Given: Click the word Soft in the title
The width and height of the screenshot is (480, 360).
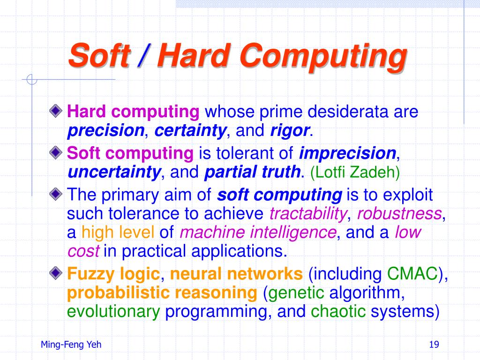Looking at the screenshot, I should [99, 56].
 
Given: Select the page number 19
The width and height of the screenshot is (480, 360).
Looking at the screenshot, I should [434, 345].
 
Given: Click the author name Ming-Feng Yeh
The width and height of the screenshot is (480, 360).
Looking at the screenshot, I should [71, 345].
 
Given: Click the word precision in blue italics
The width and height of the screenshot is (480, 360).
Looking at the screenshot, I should [105, 131].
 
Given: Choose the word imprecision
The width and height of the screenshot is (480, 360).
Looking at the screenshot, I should [348, 153].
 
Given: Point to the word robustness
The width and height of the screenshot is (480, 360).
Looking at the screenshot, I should [399, 214].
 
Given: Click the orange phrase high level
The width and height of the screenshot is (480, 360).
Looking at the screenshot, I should [118, 232].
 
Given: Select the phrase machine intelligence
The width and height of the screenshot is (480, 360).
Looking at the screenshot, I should [258, 232].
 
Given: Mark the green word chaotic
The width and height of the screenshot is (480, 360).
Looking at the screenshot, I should [338, 311].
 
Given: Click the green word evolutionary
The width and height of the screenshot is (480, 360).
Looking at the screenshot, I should [113, 311].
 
